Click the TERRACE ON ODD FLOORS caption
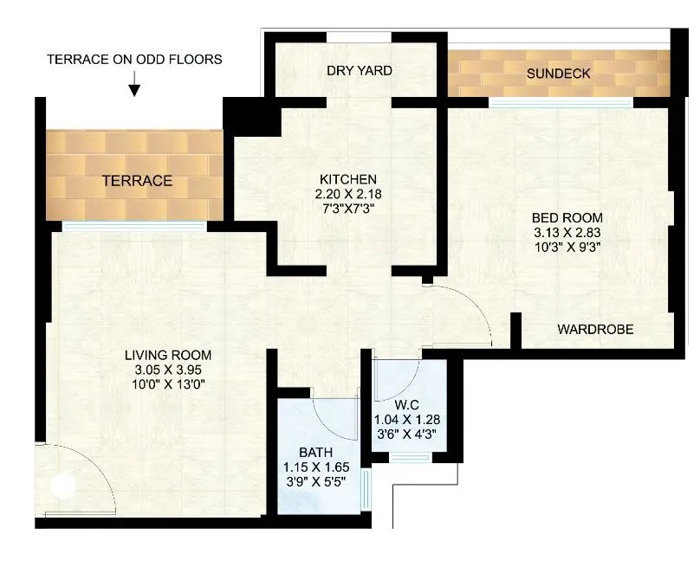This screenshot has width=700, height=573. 134,60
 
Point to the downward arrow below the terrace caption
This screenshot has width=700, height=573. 135,86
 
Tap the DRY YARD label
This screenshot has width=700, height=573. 360,71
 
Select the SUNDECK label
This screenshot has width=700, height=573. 559,74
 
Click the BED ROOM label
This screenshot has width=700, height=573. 567,217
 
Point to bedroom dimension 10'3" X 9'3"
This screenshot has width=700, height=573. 567,247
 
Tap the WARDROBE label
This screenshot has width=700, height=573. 595,330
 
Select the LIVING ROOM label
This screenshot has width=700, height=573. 168,355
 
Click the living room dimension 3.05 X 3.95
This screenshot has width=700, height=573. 168,369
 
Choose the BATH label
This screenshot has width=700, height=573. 315,453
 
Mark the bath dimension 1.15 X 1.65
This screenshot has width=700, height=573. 315,467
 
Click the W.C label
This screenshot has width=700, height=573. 407,404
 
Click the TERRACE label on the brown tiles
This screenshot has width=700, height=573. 137,181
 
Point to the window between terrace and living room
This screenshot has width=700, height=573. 133,227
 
